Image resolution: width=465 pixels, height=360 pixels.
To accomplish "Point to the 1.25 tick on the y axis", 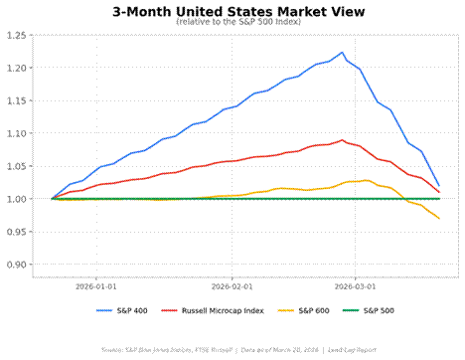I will (16, 35).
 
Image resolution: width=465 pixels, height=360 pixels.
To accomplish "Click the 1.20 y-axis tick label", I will (16, 68).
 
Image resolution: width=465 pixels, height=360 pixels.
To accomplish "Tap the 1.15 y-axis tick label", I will (16, 100).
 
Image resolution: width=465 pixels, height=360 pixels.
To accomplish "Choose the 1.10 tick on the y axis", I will (16, 133).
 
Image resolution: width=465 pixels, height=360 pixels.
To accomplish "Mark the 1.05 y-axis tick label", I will (16, 166).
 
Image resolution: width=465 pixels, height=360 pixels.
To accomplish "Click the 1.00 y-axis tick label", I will (16, 199).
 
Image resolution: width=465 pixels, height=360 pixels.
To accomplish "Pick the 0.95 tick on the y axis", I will (16, 232).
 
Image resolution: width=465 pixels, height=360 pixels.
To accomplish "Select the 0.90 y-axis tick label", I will (16, 265).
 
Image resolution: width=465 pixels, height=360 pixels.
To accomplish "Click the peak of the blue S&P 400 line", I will (342, 53).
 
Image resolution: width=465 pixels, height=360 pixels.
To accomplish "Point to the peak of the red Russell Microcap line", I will (342, 140).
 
